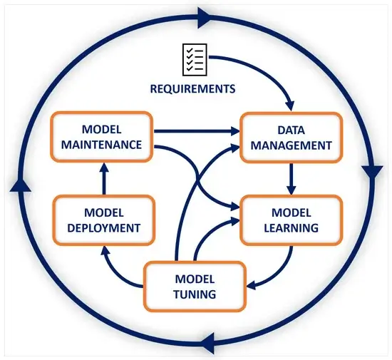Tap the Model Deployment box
pyautogui.click(x=104, y=220)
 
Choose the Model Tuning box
pyautogui.click(x=195, y=286)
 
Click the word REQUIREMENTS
pyautogui.click(x=192, y=89)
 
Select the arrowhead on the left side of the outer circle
pyautogui.click(x=19, y=184)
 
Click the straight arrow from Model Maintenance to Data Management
pyautogui.click(x=196, y=131)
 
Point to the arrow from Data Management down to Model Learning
pyautogui.click(x=292, y=178)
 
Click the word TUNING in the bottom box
pyautogui.click(x=195, y=293)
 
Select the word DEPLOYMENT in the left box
pyautogui.click(x=104, y=228)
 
